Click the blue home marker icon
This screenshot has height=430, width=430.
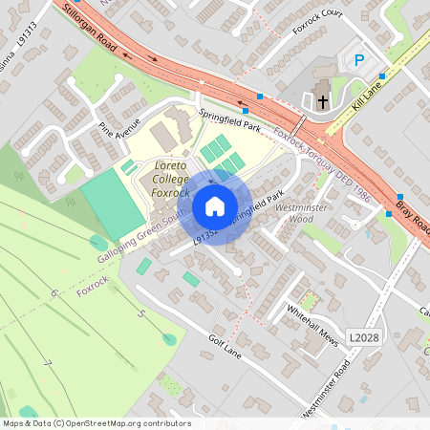(215, 206)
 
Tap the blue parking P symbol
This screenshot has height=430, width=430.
(359, 60)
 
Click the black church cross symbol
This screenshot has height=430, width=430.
(323, 99)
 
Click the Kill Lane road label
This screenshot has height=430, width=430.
(367, 97)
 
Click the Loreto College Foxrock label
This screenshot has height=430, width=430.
(173, 179)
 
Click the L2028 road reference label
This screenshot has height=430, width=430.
(363, 337)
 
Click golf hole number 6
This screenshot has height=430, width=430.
(55, 292)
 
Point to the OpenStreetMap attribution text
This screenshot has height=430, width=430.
(96, 423)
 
